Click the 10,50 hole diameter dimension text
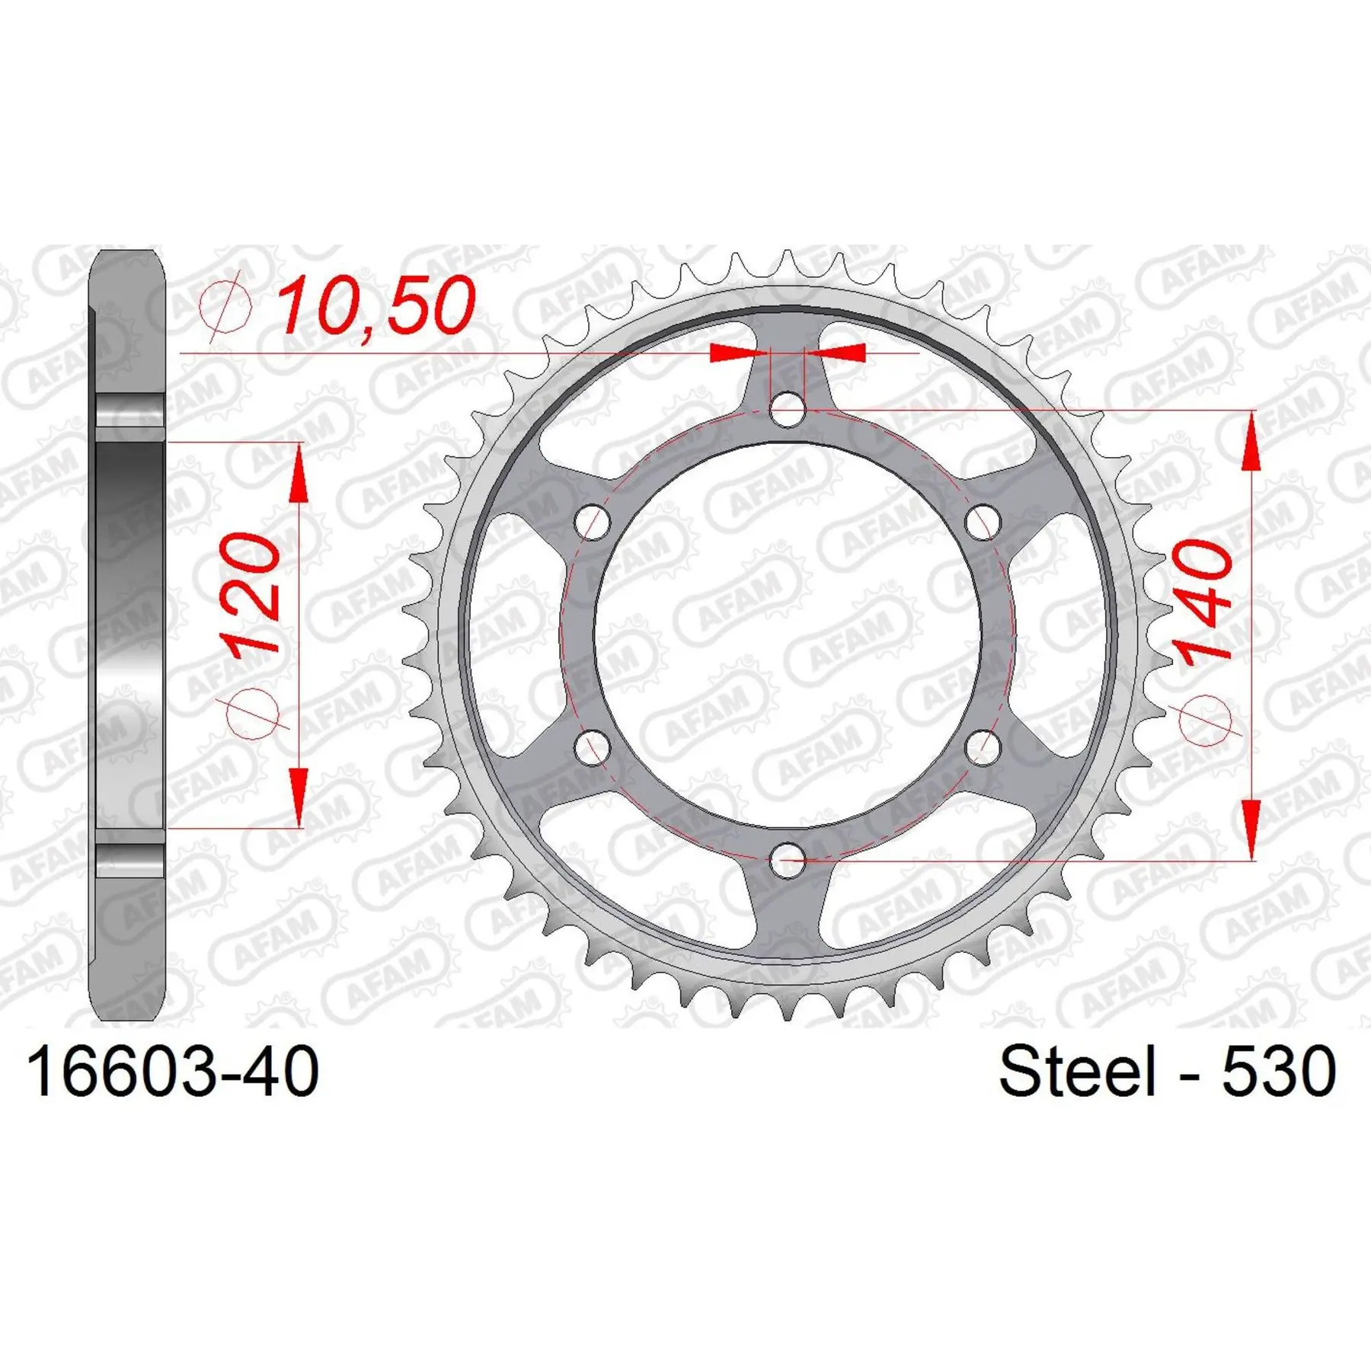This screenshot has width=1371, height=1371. (376, 306)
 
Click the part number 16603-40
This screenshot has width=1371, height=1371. (173, 1072)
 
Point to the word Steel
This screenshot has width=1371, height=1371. (1077, 1071)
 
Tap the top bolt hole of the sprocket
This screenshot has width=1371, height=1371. (788, 410)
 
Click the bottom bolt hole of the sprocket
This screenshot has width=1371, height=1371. (788, 860)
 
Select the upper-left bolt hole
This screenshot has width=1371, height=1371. (593, 523)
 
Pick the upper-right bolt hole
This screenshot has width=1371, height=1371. (983, 523)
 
